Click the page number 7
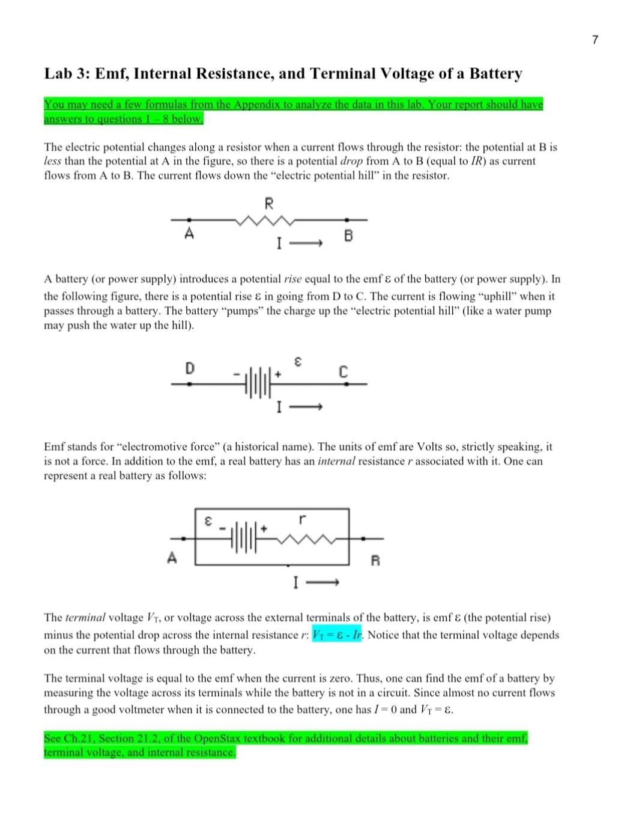tap(595, 40)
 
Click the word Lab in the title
tap(58, 74)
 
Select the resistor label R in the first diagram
tap(268, 204)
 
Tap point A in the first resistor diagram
tap(189, 233)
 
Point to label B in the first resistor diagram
tap(348, 236)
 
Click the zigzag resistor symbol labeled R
tap(265, 221)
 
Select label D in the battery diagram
tap(189, 368)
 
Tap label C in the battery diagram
tap(343, 373)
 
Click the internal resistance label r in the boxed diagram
tap(302, 518)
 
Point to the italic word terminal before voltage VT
tap(85, 618)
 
